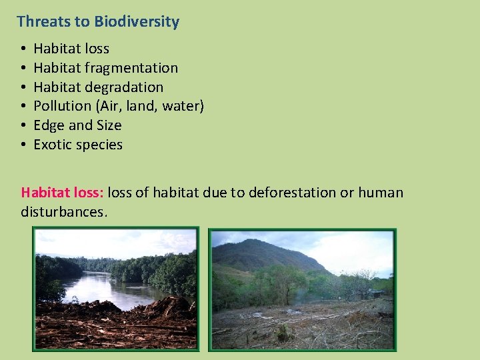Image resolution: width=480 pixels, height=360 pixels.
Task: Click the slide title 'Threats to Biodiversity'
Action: pos(98,21)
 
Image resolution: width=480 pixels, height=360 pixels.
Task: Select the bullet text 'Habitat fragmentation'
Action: pos(105,68)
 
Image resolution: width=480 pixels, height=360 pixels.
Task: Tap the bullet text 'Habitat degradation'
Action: pos(98,87)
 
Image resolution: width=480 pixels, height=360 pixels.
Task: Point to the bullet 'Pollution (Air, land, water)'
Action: pos(118,106)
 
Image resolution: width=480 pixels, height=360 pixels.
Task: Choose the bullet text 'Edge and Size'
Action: pos(77,125)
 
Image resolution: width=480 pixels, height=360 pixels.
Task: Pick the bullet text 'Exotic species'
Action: pos(78,145)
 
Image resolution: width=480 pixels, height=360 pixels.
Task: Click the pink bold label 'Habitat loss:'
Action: pos(62,193)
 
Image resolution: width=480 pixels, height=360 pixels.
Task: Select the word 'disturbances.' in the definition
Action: pos(63,212)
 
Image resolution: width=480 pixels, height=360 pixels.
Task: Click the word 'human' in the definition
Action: pos(381,193)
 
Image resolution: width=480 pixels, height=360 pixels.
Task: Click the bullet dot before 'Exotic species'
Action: pos(23,145)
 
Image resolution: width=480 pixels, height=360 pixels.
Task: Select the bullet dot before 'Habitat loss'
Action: pos(23,49)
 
